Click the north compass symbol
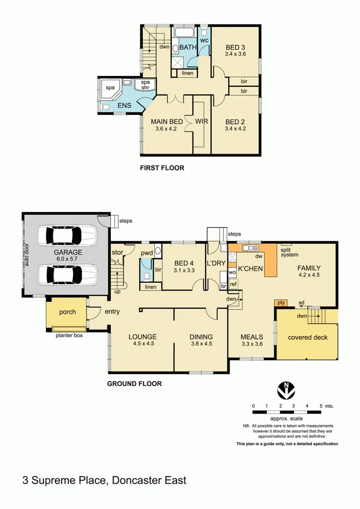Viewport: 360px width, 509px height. click(x=286, y=389)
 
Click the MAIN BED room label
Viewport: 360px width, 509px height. click(x=167, y=121)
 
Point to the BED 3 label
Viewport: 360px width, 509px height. click(x=235, y=47)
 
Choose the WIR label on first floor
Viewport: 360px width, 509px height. click(x=202, y=121)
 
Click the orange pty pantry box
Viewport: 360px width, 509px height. click(x=281, y=302)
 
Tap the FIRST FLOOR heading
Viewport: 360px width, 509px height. click(x=161, y=167)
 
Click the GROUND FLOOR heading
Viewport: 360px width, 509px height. click(x=134, y=384)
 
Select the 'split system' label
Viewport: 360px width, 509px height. click(x=290, y=252)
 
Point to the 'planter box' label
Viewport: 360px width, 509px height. click(x=70, y=337)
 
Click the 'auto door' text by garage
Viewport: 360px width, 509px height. click(x=26, y=254)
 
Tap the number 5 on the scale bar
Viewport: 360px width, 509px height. click(x=320, y=406)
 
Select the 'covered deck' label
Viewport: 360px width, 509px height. click(x=308, y=337)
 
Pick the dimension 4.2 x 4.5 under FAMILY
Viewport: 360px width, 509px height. click(x=309, y=275)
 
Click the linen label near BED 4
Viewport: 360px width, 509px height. click(x=150, y=287)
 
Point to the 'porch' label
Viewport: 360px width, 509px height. click(x=67, y=312)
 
